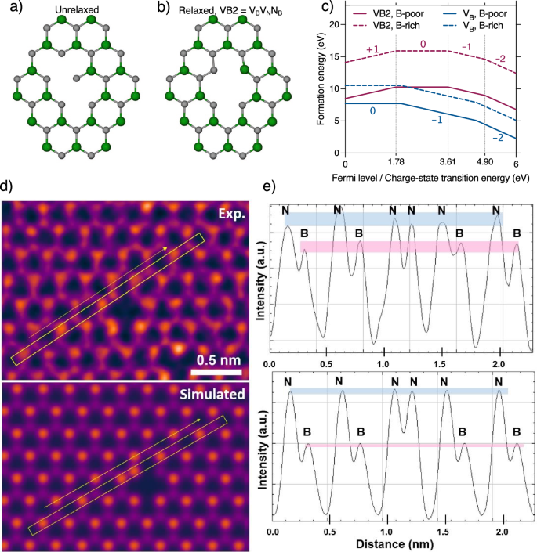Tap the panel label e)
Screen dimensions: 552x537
click(270, 189)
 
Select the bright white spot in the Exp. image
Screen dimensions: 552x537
click(179, 347)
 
